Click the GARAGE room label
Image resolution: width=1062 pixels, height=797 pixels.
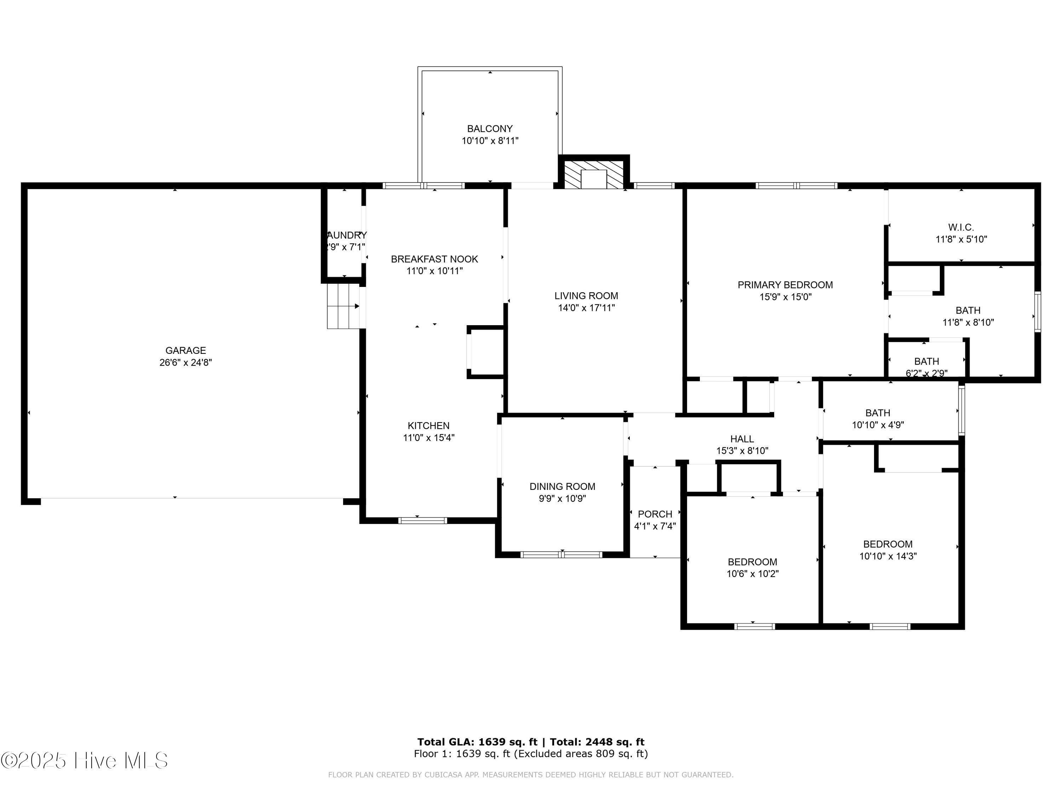(x=185, y=350)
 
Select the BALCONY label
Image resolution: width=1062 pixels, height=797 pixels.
(x=490, y=129)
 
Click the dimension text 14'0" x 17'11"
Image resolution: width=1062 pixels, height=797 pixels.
(x=586, y=308)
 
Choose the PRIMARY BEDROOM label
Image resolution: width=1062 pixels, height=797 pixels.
(x=785, y=285)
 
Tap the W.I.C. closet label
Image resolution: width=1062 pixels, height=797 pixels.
(x=961, y=227)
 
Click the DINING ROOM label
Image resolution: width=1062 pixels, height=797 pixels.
(x=562, y=487)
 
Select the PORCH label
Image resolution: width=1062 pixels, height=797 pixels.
(x=655, y=514)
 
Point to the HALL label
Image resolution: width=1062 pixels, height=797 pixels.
(x=742, y=439)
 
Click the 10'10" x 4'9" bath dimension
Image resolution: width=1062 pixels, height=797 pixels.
(x=878, y=425)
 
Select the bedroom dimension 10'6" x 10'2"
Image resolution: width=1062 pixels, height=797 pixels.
(x=752, y=573)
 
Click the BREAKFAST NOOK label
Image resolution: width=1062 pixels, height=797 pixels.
(x=434, y=259)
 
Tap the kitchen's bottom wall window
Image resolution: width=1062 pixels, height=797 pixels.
(x=422, y=520)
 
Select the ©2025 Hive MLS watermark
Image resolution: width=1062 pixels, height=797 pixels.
(x=85, y=761)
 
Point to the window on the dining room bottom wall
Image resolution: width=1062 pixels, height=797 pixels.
(x=561, y=554)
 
